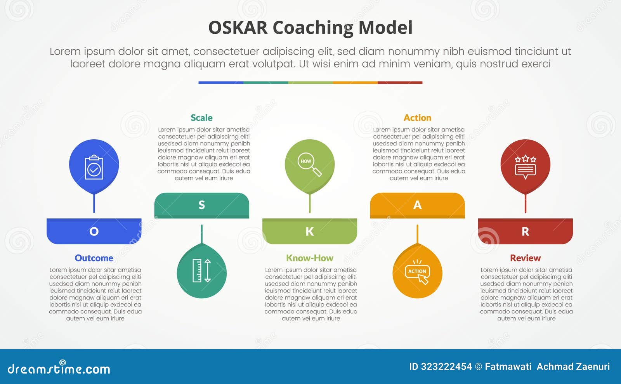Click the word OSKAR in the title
pos(238,28)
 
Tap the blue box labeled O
pos(94,231)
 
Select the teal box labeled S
pos(201,205)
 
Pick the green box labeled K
pos(309,231)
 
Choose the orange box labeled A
pos(417,205)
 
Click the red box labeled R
pos(525,231)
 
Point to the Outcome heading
pos(94,258)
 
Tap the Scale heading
pos(201,118)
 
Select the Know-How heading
pos(309,258)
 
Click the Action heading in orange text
pos(417,118)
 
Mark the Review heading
pos(525,258)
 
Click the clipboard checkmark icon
pos(94,168)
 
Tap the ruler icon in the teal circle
pos(202,270)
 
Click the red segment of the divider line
pos(400,83)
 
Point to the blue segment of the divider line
pos(220,83)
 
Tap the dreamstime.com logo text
pos(59,368)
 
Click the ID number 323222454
pos(446,367)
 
